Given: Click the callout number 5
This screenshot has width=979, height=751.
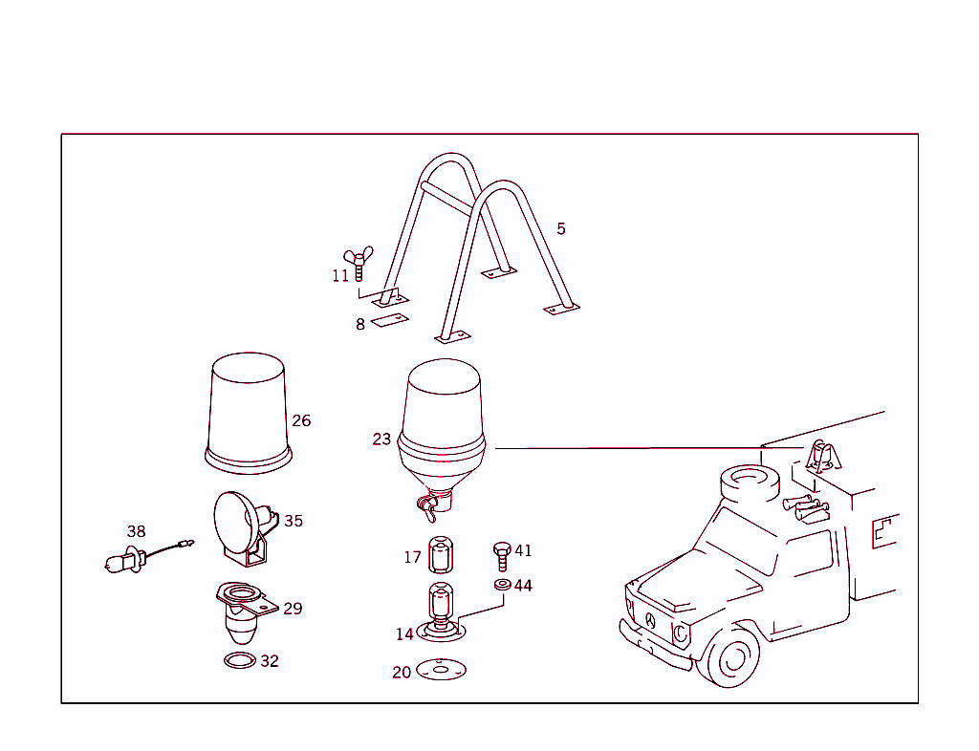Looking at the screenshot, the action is (x=560, y=229).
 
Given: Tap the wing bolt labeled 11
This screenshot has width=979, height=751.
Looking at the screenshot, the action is (x=359, y=263).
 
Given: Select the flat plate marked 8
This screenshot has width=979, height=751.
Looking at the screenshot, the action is (x=390, y=320).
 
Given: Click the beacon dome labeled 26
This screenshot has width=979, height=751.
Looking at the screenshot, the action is (x=249, y=413).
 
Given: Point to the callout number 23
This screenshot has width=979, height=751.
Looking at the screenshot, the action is (x=381, y=440).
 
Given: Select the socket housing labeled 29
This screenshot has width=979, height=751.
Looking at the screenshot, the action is (x=246, y=612).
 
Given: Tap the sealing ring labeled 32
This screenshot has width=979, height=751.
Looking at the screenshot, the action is (x=240, y=660).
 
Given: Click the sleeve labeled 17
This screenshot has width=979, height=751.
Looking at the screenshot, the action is (x=441, y=554).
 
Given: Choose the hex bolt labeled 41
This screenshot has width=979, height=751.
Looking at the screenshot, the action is (x=502, y=556).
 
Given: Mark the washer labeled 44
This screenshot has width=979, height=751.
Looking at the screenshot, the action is (x=502, y=585).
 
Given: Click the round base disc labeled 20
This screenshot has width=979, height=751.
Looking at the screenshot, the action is (x=441, y=669).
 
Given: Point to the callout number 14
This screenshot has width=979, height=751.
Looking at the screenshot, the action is (x=404, y=634).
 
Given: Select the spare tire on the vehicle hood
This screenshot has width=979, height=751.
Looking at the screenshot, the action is (x=751, y=484).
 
